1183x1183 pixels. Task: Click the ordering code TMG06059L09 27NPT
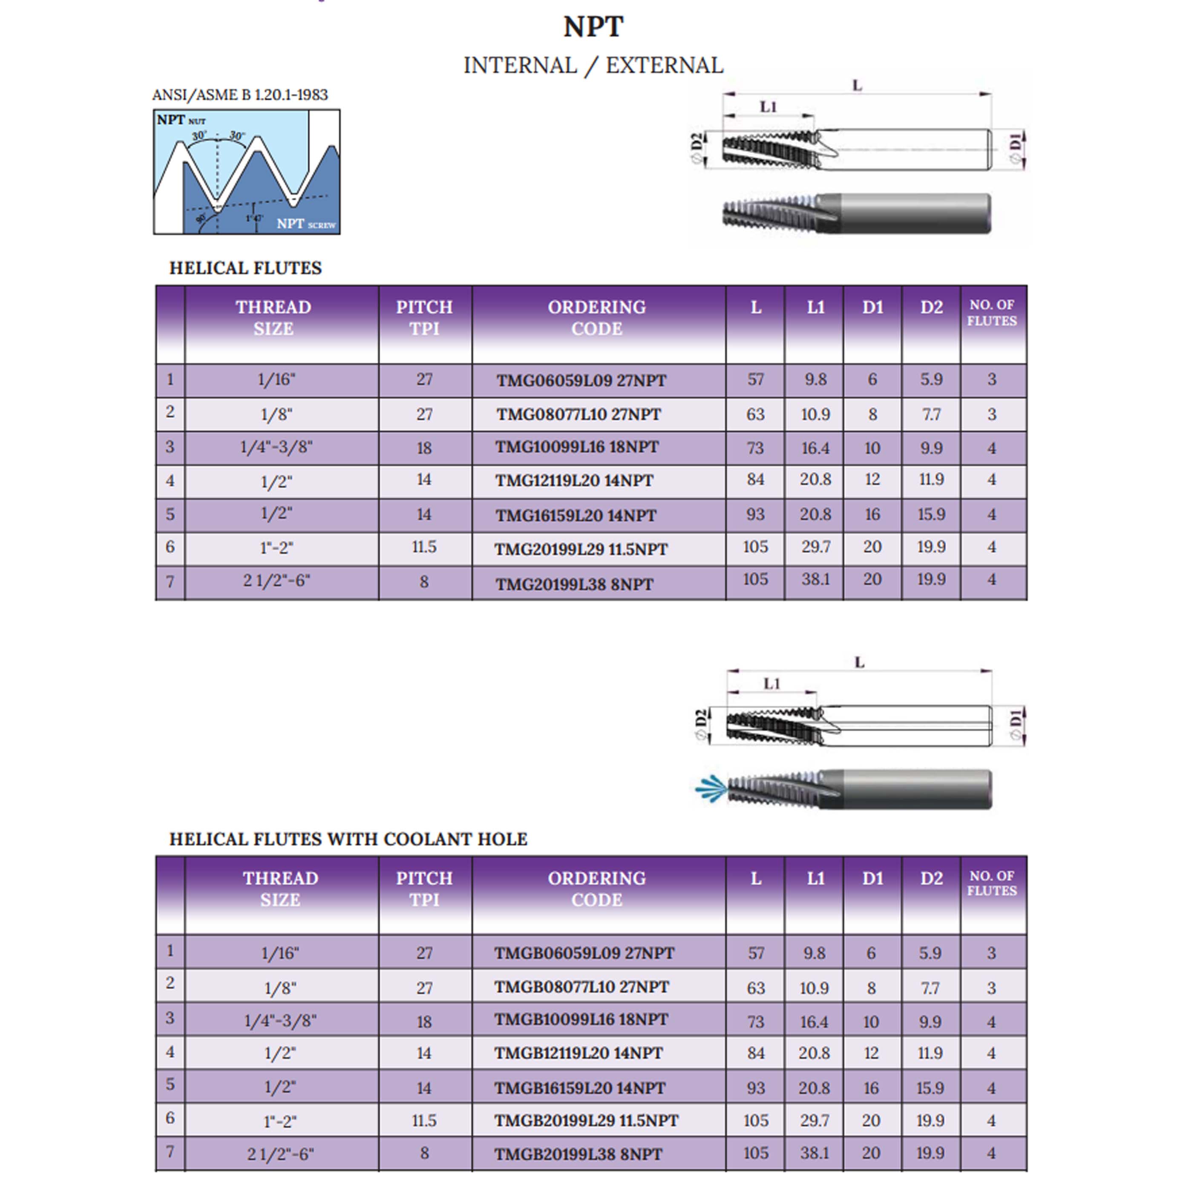pyautogui.click(x=581, y=381)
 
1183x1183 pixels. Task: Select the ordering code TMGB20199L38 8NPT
pyautogui.click(x=578, y=1154)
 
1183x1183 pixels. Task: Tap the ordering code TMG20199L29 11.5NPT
pyautogui.click(x=581, y=549)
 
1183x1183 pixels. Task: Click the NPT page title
pyautogui.click(x=593, y=27)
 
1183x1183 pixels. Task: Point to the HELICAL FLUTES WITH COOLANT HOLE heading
pyautogui.click(x=348, y=840)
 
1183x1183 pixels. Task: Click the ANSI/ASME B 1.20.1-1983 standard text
pyautogui.click(x=240, y=95)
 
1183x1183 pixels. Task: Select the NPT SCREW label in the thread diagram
pyautogui.click(x=305, y=224)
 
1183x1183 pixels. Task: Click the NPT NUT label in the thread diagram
pyautogui.click(x=181, y=120)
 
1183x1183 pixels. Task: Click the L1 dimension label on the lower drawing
pyautogui.click(x=771, y=684)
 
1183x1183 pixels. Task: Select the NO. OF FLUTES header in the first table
pyautogui.click(x=991, y=313)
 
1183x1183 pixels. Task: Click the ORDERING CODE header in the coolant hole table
pyautogui.click(x=596, y=889)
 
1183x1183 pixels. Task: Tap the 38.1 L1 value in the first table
pyautogui.click(x=815, y=580)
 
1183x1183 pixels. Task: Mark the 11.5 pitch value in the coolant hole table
pyautogui.click(x=424, y=1120)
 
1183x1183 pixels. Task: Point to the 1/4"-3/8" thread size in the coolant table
pyautogui.click(x=280, y=1021)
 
